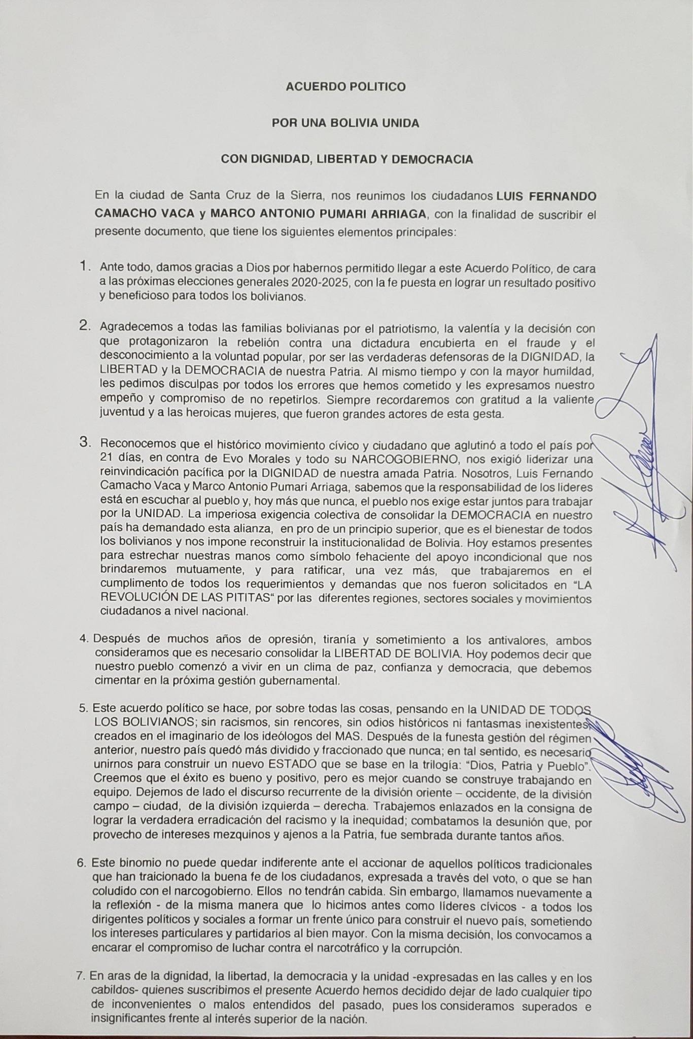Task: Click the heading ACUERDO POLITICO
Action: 345,87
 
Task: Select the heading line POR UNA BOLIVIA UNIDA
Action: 345,123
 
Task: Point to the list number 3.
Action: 85,442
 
